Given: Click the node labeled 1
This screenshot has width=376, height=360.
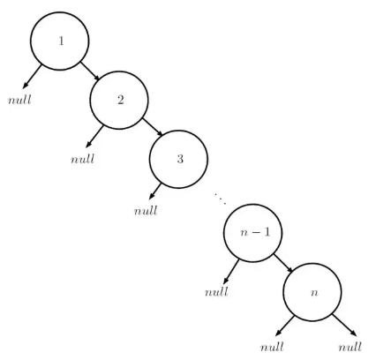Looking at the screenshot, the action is [x=60, y=41].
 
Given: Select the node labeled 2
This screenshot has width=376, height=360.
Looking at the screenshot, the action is [x=119, y=101].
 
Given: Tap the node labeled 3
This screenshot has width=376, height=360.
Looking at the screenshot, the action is [x=178, y=159].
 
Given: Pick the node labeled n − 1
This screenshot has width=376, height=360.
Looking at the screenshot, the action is [x=252, y=233].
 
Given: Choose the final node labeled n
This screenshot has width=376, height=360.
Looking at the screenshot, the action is [x=312, y=292].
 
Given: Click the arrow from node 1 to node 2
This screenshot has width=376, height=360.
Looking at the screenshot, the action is [x=90, y=71].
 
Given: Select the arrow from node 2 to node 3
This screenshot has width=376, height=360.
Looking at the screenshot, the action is [x=153, y=127].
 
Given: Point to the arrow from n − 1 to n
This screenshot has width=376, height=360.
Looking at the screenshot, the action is [x=282, y=263].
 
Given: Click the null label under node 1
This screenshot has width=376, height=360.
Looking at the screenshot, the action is [x=19, y=100].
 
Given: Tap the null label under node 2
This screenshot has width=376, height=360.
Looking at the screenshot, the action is [x=82, y=159].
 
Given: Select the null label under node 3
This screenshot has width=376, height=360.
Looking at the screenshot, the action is [x=146, y=211].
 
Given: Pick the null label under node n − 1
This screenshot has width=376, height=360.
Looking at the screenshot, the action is [x=216, y=292].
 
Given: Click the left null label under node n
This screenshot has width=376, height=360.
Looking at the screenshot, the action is [x=272, y=347].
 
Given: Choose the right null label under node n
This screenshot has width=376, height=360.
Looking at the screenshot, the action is [x=350, y=347].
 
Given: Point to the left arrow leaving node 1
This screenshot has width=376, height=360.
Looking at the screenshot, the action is [x=32, y=77].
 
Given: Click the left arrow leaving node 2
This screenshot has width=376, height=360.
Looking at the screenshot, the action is [x=94, y=137].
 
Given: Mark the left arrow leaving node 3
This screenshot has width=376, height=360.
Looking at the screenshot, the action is [x=155, y=191].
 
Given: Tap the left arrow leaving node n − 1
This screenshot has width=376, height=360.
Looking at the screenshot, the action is [x=231, y=272].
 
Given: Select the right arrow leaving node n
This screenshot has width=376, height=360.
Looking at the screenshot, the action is [x=345, y=326].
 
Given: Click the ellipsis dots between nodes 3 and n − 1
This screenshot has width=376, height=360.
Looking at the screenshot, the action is [x=221, y=199].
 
